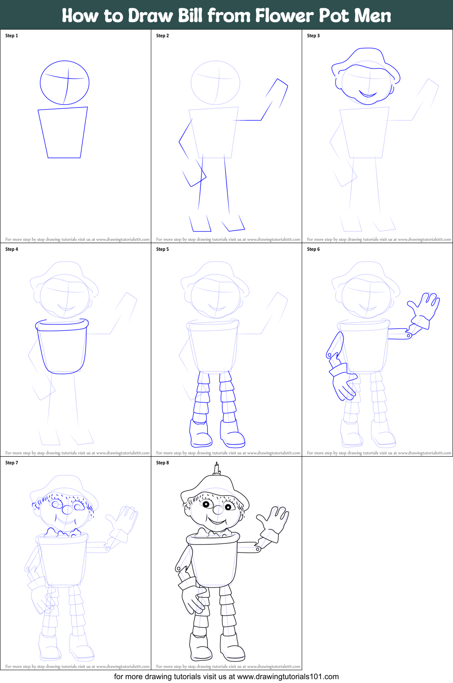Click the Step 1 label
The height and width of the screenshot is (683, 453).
[12, 36]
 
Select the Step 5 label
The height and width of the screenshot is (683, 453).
[162, 249]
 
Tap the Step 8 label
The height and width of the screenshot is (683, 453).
[162, 463]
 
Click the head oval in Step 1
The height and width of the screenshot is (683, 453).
[65, 83]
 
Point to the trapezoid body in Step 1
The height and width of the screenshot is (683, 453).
[63, 133]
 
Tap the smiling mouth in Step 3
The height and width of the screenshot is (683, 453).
[368, 95]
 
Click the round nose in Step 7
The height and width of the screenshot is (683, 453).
[68, 510]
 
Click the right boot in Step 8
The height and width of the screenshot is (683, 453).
[232, 648]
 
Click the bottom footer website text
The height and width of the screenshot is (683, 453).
[226, 677]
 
